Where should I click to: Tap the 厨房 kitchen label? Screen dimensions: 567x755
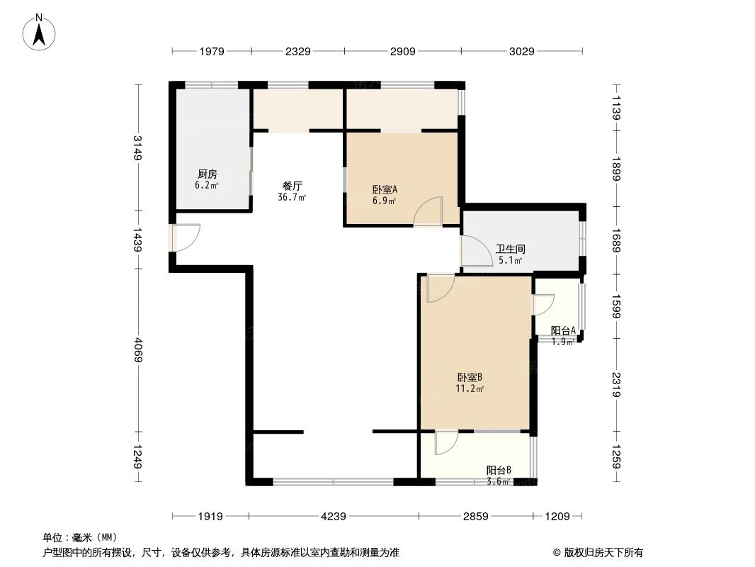tap(207, 174)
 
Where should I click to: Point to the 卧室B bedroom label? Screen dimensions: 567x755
tap(470, 378)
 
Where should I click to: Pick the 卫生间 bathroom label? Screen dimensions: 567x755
tap(510, 249)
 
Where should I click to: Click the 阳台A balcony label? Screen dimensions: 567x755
tap(564, 330)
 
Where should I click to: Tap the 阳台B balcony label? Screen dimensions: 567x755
tap(499, 470)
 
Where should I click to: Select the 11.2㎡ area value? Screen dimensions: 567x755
tap(470, 388)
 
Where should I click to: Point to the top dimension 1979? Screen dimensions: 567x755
tap(211, 51)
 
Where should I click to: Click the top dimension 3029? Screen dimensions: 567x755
tap(521, 51)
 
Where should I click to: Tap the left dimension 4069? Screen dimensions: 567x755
tap(138, 349)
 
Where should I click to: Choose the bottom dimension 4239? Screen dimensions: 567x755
tap(333, 517)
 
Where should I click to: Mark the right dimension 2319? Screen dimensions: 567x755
tap(615, 386)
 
